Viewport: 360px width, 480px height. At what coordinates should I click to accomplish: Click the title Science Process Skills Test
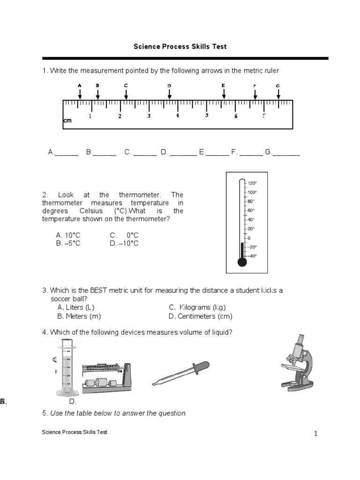click(180, 46)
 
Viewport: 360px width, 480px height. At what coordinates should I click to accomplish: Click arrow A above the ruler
click(80, 93)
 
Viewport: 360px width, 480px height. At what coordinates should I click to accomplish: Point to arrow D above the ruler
click(169, 93)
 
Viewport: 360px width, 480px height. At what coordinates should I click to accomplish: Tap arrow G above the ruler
click(278, 93)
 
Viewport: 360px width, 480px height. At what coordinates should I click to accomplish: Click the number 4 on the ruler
click(178, 116)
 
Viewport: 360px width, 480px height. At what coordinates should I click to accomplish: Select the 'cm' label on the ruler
click(67, 121)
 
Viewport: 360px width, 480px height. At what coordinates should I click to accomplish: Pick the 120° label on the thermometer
click(252, 183)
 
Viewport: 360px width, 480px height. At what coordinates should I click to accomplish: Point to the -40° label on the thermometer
click(252, 256)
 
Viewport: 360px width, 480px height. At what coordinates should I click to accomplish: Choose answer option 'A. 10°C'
click(68, 235)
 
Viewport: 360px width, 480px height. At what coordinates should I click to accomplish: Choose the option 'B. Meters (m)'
click(79, 316)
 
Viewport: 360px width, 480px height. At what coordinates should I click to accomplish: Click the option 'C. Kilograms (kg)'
click(197, 307)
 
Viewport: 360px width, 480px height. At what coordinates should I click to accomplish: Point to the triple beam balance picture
click(106, 378)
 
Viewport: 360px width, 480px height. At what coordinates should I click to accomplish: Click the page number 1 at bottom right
click(316, 434)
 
